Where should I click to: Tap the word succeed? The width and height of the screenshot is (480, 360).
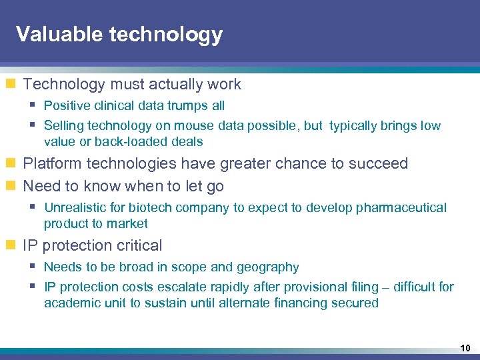(x=381, y=163)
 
